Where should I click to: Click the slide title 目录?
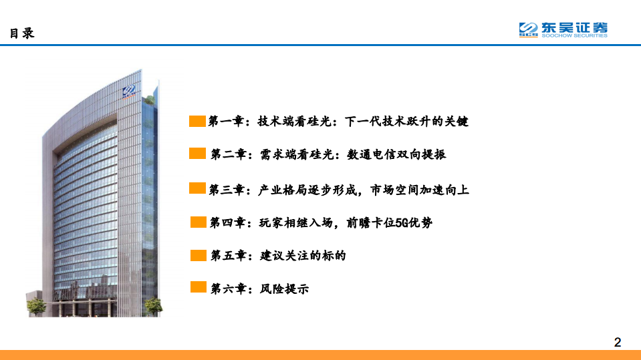click(x=21, y=33)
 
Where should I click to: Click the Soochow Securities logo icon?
click(x=529, y=29)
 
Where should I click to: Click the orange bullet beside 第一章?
click(x=197, y=121)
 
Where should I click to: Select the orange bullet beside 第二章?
click(x=197, y=154)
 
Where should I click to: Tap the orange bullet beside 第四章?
click(x=199, y=222)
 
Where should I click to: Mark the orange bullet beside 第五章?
click(x=199, y=254)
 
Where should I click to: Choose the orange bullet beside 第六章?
click(x=199, y=288)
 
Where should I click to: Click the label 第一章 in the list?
click(x=225, y=122)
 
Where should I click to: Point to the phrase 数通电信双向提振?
click(x=396, y=154)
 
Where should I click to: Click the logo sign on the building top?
click(x=130, y=92)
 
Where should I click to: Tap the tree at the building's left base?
click(x=37, y=305)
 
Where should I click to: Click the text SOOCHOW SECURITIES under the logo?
click(x=574, y=36)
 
